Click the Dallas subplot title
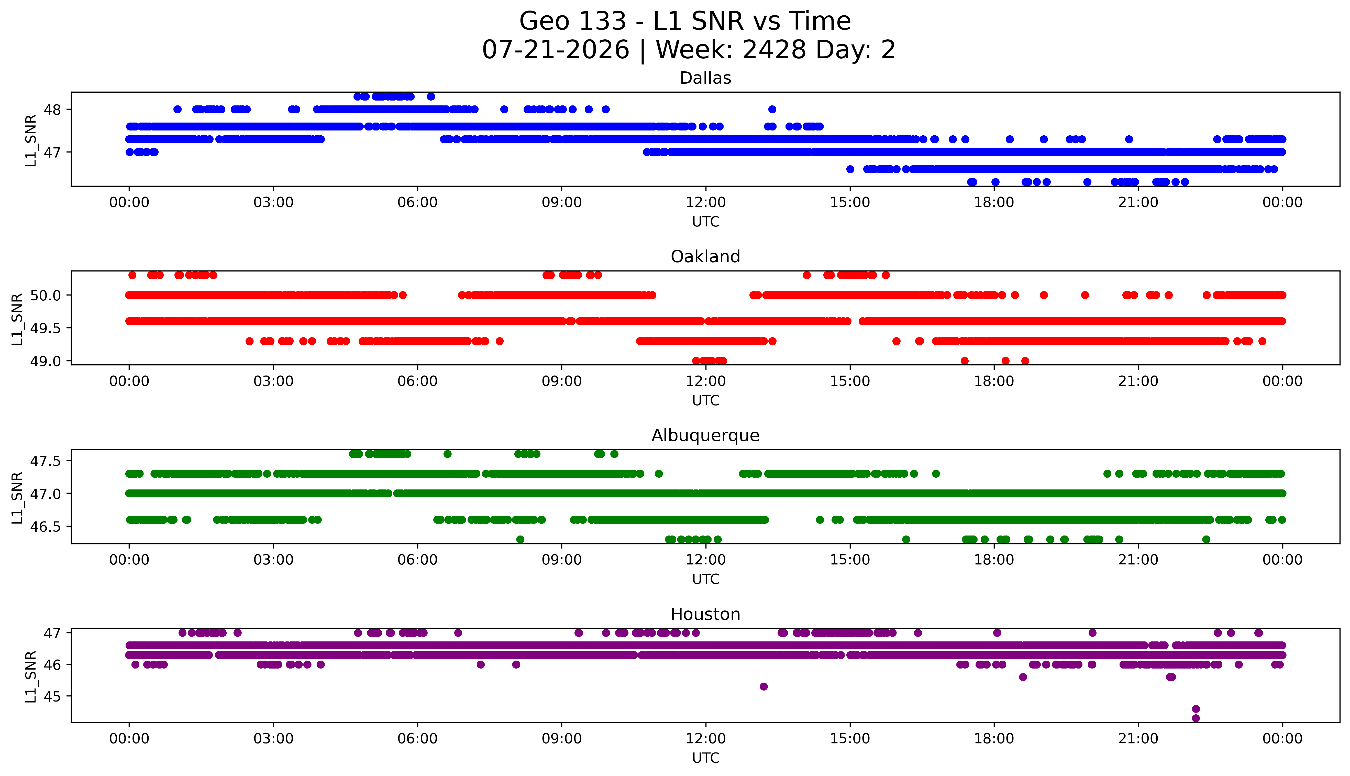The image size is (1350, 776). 705,78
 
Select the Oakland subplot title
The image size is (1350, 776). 705,257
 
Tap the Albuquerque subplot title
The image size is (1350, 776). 705,435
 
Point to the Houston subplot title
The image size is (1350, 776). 705,615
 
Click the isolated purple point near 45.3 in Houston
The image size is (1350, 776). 763,686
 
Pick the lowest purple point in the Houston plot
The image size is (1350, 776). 1196,718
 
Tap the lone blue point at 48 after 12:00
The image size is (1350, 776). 772,109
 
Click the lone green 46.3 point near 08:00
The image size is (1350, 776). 521,539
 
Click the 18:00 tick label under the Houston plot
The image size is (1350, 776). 994,739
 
